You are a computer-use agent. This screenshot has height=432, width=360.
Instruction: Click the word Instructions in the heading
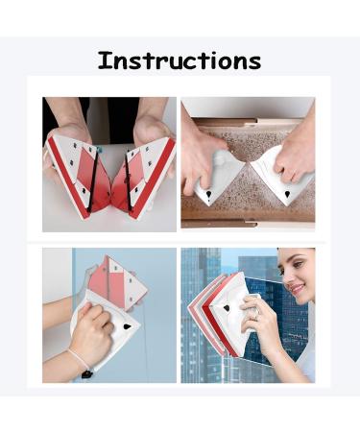point(180,60)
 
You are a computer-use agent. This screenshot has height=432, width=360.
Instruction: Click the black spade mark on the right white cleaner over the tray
point(287,191)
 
